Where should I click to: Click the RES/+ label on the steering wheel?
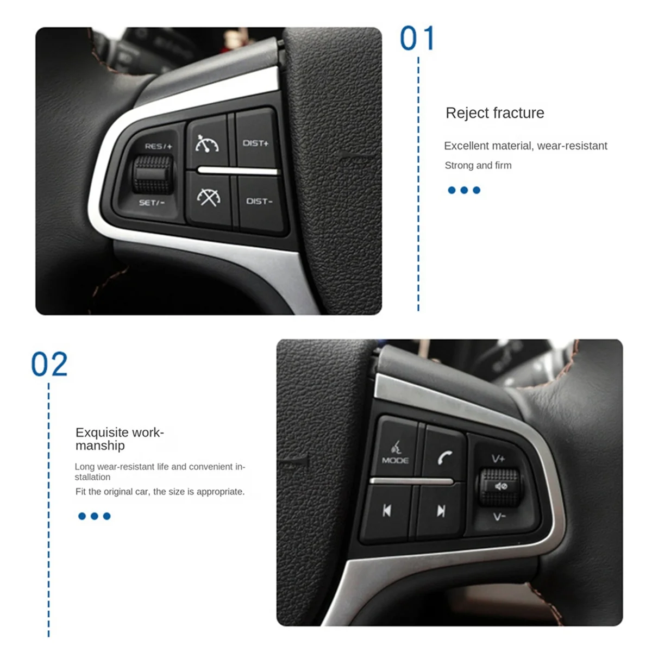158,146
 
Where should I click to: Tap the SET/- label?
152,203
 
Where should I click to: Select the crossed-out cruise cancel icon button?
209,197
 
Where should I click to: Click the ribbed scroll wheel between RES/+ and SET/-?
153,174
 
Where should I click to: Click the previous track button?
386,511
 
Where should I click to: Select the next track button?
441,511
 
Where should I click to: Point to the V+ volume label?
498,459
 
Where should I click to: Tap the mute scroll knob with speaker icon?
498,486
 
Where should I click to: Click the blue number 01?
417,39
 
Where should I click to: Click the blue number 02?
49,365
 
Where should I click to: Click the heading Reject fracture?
494,113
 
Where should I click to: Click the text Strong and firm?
478,165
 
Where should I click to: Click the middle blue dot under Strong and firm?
464,190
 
